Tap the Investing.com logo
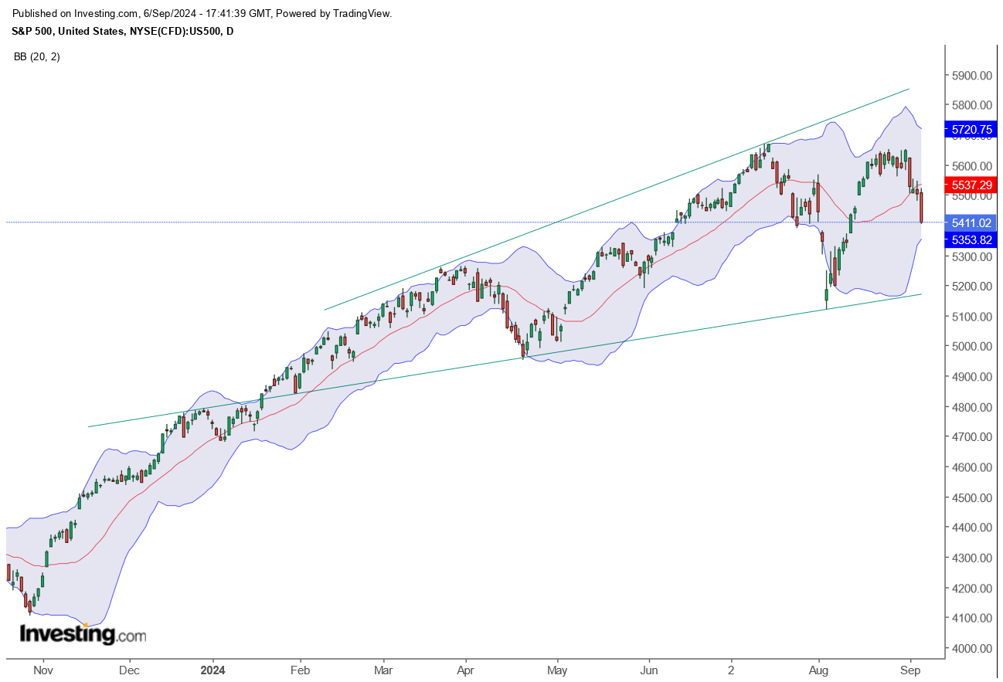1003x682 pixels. (x=82, y=635)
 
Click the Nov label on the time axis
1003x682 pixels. (x=43, y=670)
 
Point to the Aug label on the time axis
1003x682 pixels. (x=818, y=670)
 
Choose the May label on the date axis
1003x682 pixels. (x=557, y=670)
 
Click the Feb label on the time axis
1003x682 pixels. (x=300, y=670)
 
